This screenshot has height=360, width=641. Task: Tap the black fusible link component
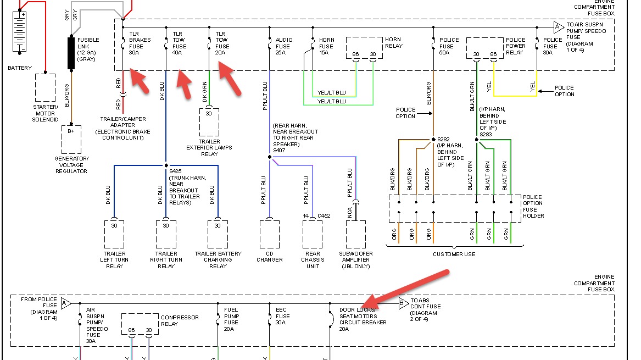pos(71,53)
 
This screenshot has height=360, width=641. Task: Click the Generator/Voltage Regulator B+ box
pos(71,140)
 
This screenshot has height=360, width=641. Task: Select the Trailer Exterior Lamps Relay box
pos(209,122)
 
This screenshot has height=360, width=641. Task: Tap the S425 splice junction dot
pos(166,165)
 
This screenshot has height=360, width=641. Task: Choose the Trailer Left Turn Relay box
pos(114,234)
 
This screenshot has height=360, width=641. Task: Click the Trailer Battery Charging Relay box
pos(218,234)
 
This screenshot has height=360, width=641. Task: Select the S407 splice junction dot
pos(270,157)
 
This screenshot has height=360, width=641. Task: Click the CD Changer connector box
pos(270,234)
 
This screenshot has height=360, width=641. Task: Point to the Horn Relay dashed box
pos(364,49)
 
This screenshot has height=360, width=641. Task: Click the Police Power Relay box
pos(484,49)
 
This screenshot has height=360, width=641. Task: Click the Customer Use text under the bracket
pos(454,254)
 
